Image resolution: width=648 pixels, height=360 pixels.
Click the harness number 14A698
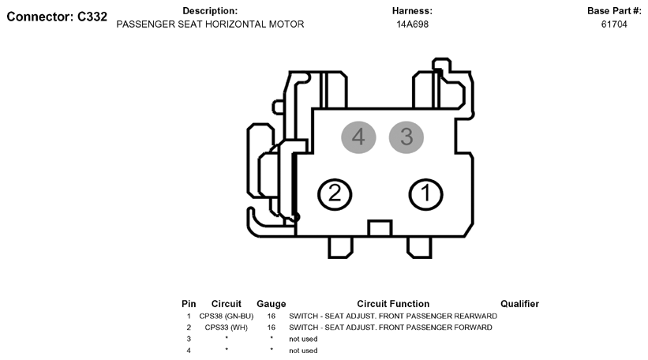(x=413, y=24)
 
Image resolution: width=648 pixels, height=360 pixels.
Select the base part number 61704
(x=614, y=24)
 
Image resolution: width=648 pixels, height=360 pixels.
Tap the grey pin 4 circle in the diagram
(x=358, y=137)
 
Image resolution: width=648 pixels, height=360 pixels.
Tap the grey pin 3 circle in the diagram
(x=406, y=137)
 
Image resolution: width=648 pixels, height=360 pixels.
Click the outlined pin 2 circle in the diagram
(x=335, y=194)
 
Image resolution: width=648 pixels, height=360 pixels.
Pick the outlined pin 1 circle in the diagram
(x=425, y=194)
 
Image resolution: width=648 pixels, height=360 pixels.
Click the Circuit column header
(x=226, y=304)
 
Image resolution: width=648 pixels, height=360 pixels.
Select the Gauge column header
(x=271, y=304)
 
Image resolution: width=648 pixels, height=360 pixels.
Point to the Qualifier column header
(x=519, y=304)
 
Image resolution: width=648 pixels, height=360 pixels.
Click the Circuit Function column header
(x=393, y=304)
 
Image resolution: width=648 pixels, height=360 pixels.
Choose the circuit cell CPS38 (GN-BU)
(x=226, y=317)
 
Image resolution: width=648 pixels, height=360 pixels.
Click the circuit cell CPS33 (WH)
(x=226, y=328)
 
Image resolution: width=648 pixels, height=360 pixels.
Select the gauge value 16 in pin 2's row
(x=271, y=328)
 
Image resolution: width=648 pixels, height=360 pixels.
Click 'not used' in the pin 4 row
(x=303, y=351)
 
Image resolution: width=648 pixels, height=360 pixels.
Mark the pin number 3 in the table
(x=189, y=339)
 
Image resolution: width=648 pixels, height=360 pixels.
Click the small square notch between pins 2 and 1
(x=380, y=228)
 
